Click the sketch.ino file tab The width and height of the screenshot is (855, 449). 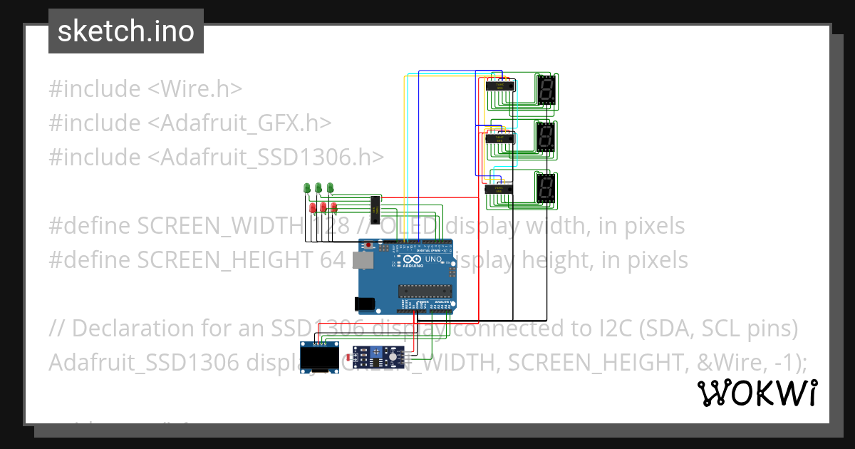[125, 31]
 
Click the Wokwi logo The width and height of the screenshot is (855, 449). [757, 393]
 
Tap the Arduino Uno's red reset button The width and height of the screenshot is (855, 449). [368, 246]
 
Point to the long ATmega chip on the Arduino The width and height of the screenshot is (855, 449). [425, 290]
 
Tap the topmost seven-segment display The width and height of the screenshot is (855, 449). [546, 90]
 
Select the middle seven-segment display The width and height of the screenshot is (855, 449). [546, 137]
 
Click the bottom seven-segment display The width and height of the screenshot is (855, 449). [546, 188]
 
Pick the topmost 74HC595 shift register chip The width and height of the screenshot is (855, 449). [499, 86]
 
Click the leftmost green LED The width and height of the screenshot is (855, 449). [307, 187]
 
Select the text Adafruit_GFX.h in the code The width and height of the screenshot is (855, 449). [239, 123]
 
